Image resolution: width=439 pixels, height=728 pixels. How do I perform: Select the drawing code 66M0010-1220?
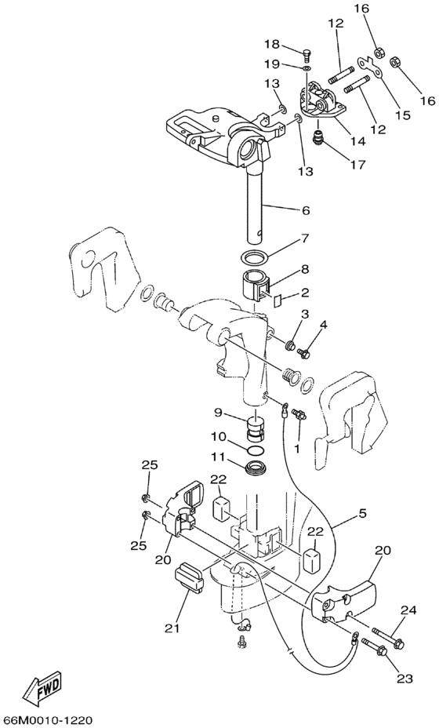47,720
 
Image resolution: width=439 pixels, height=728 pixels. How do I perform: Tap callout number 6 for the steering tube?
305,210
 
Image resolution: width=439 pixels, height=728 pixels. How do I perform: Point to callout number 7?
305,239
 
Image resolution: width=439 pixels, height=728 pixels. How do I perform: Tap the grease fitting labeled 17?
319,137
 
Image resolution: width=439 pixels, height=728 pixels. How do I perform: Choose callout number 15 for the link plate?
403,115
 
